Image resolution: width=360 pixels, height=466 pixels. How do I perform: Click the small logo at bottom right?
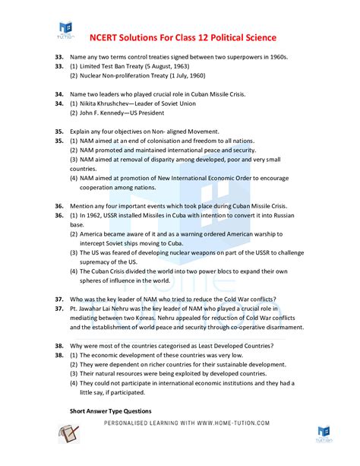(324, 434)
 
